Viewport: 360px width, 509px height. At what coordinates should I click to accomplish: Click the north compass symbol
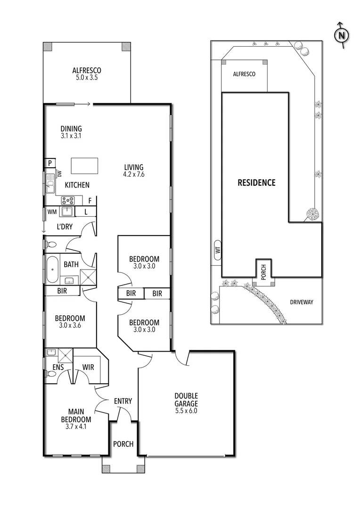[342, 35]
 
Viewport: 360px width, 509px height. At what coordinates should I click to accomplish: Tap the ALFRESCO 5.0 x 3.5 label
[87, 74]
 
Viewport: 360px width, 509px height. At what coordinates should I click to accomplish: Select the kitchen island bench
[85, 166]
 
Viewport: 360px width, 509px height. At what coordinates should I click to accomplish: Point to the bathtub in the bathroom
[51, 269]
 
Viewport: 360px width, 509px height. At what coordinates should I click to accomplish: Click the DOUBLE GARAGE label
[186, 400]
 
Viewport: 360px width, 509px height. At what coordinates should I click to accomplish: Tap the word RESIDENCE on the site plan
[256, 182]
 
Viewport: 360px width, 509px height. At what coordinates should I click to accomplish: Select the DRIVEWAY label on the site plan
[301, 302]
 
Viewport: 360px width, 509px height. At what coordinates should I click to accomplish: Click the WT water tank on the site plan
[217, 250]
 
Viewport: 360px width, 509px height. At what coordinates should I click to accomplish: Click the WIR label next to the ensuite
[88, 367]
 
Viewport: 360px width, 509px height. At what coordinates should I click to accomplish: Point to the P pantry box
[49, 163]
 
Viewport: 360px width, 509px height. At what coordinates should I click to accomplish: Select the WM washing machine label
[51, 212]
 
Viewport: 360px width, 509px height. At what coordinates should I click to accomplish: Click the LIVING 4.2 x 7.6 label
[134, 171]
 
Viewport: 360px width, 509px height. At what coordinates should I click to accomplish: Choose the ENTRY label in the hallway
[123, 401]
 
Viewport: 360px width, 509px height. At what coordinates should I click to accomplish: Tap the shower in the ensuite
[66, 354]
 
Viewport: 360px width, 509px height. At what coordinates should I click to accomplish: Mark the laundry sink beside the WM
[67, 211]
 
